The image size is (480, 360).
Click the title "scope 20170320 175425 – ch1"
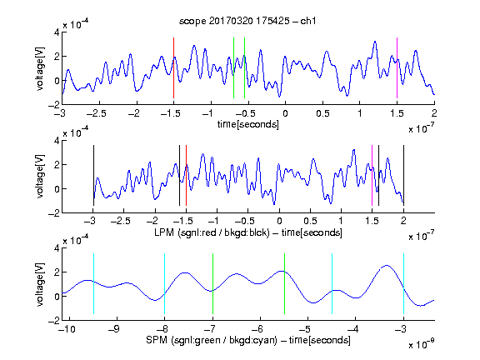click(x=247, y=21)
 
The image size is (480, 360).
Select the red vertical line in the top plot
click(x=173, y=68)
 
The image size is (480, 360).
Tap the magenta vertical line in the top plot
click(x=397, y=68)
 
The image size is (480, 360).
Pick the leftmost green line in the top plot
click(x=233, y=68)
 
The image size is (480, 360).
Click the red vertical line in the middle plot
click(x=186, y=175)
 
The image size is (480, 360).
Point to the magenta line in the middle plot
click(x=372, y=175)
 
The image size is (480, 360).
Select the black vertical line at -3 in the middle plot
click(x=93, y=175)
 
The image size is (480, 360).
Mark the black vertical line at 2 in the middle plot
click(x=403, y=175)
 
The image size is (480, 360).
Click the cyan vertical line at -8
click(x=164, y=283)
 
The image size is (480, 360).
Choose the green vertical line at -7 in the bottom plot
click(x=212, y=283)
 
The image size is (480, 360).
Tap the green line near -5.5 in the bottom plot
click(x=284, y=283)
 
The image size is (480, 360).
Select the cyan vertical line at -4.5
click(x=332, y=283)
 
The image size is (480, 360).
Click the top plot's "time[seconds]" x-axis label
click(x=248, y=124)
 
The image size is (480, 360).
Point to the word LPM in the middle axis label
click(x=164, y=232)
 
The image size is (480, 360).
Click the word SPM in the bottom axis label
click(x=157, y=340)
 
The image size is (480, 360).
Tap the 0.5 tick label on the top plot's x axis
click(x=322, y=113)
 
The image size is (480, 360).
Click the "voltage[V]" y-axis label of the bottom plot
click(x=40, y=284)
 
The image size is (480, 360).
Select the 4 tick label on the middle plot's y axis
click(x=57, y=141)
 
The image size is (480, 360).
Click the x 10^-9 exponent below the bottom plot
click(x=422, y=344)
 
